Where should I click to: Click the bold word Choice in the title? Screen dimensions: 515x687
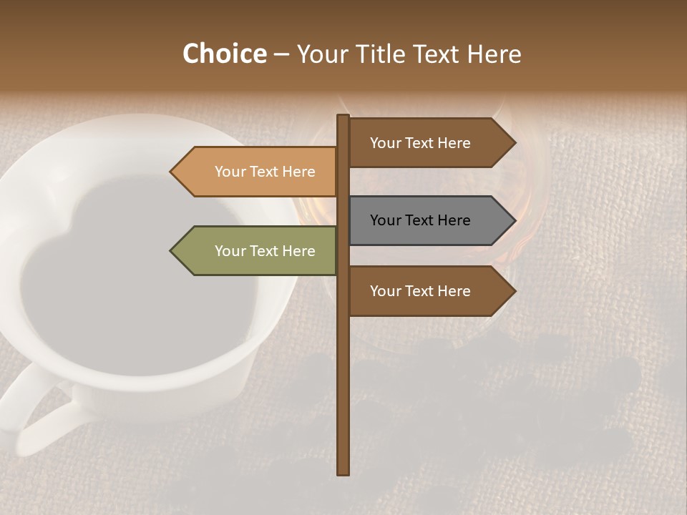224,54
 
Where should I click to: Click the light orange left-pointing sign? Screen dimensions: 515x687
258,172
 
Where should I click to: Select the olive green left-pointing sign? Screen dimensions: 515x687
258,251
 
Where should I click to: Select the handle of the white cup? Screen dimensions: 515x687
36,415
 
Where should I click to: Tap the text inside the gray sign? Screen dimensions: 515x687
420,220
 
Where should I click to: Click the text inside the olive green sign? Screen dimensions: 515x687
265,251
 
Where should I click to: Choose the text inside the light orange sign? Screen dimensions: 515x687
265,172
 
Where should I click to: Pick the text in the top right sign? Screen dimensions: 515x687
420,143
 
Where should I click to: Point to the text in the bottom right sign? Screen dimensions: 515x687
420,291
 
